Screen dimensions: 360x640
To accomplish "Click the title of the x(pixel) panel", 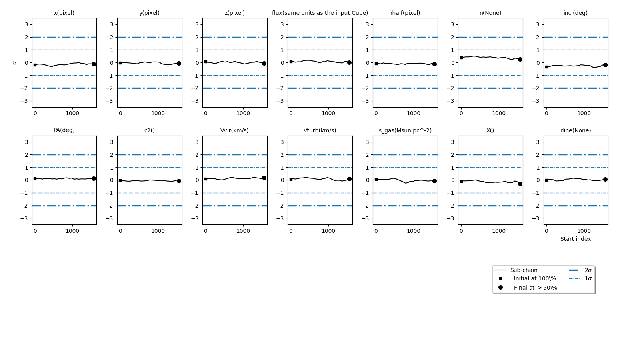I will [64, 13].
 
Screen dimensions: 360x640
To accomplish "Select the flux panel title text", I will [320, 13].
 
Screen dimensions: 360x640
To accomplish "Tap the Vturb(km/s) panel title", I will [320, 130].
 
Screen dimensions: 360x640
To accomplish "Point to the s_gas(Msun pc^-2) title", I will [405, 130].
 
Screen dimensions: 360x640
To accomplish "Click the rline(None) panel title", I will [576, 130].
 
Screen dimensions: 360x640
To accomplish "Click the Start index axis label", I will [576, 239].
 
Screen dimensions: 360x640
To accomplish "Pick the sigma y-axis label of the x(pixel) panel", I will [15, 63].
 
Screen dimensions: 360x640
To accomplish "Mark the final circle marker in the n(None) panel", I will [520, 59].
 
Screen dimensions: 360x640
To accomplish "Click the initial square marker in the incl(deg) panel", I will [546, 67].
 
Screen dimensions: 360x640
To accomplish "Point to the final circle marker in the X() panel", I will [520, 184].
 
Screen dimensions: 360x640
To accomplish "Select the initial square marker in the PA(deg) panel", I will [35, 178].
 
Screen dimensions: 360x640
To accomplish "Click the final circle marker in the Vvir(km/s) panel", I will [264, 178].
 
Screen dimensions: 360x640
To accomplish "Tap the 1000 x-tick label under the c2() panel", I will [158, 231].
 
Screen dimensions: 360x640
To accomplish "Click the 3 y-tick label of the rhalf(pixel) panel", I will [367, 24].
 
